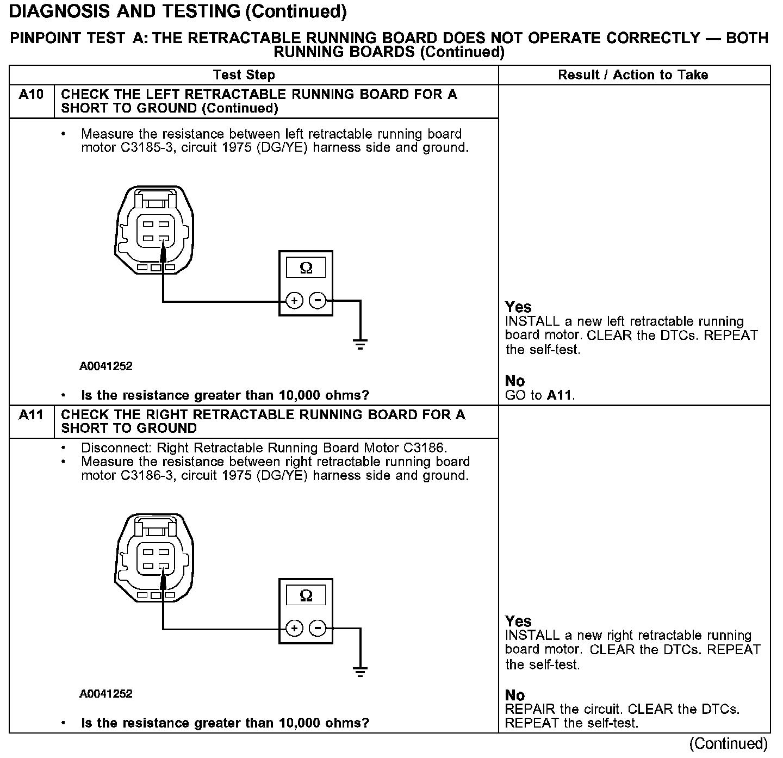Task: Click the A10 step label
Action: pos(31,95)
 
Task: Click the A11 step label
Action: pos(31,415)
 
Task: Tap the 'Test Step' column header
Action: pos(244,75)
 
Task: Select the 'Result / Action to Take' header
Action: pos(633,75)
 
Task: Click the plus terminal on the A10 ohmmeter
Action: pos(294,300)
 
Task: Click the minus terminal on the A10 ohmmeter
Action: pos(318,300)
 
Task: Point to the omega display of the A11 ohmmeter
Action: pos(306,596)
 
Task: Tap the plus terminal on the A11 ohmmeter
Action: pos(294,629)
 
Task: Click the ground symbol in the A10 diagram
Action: pos(360,343)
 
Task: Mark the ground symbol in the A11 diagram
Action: pos(360,672)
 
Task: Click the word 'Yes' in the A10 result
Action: pos(518,307)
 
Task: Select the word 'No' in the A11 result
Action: pos(515,695)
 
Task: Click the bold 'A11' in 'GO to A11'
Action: pos(560,395)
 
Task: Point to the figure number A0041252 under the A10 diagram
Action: pos(106,366)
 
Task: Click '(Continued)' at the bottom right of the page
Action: pos(729,744)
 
